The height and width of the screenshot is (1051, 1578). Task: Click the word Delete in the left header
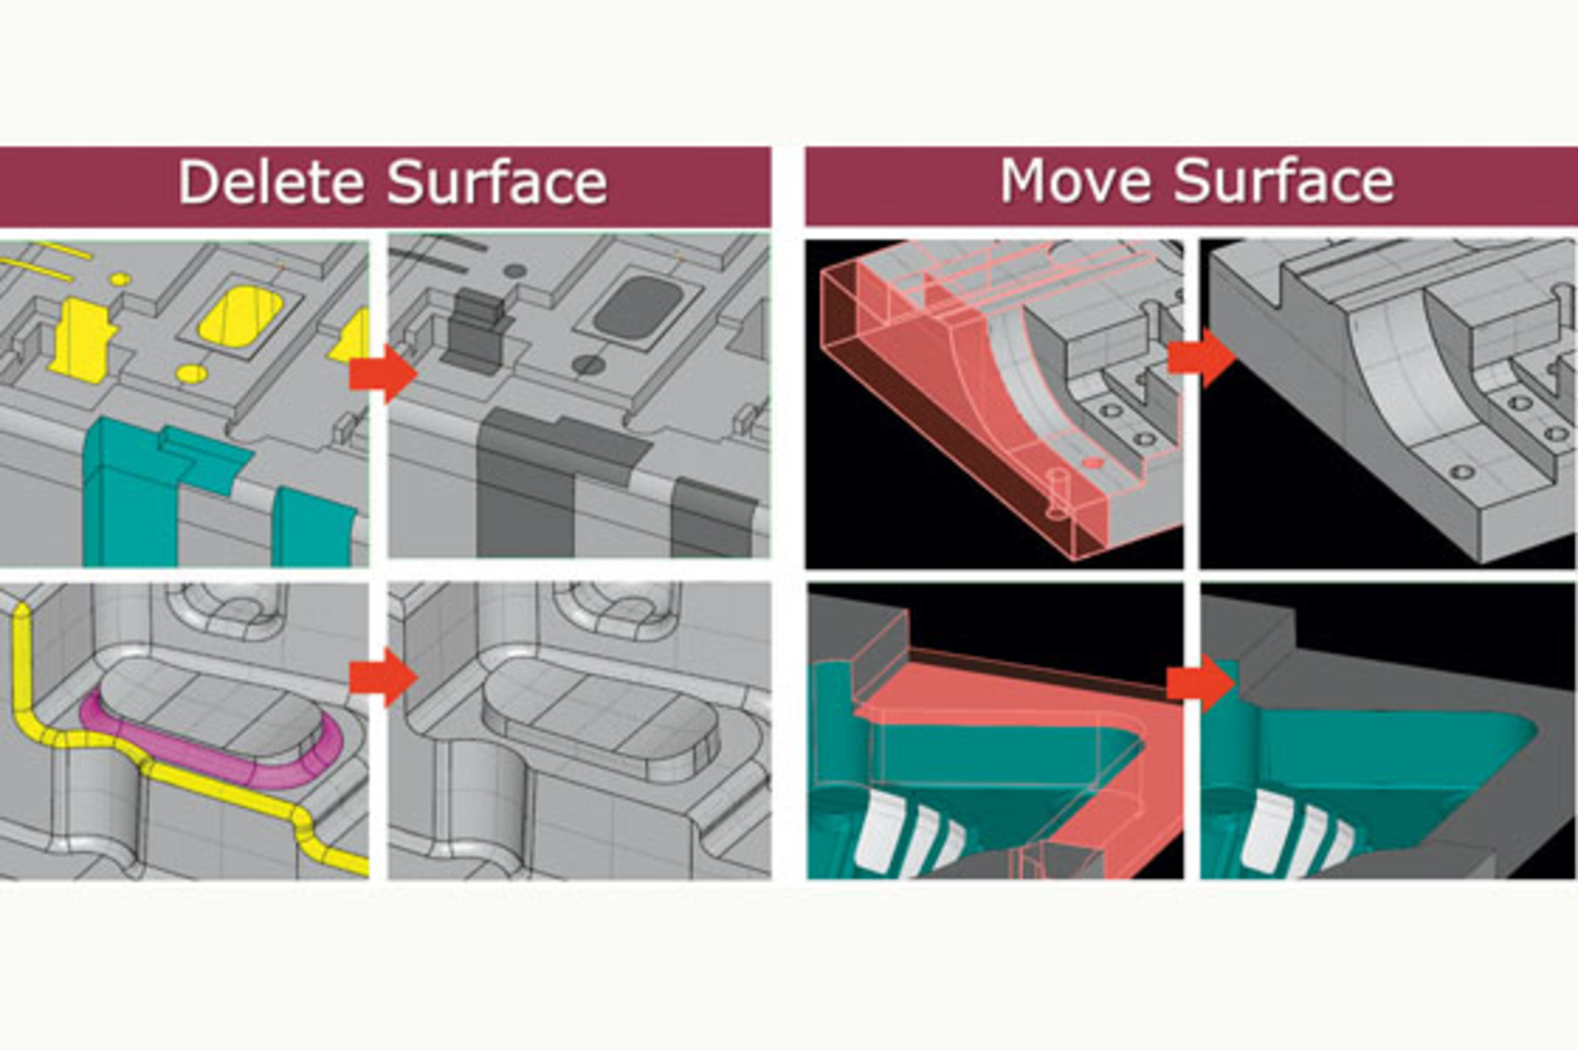tap(270, 182)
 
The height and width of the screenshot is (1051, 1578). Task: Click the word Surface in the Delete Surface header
tap(496, 182)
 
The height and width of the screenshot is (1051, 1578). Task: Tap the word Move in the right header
tap(1075, 180)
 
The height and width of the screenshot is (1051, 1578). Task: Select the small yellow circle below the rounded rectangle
tap(191, 374)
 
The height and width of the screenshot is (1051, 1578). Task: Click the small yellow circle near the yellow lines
tap(120, 279)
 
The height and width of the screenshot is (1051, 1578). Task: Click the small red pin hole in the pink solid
tap(1091, 463)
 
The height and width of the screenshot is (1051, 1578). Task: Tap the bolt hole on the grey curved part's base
tap(1461, 472)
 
